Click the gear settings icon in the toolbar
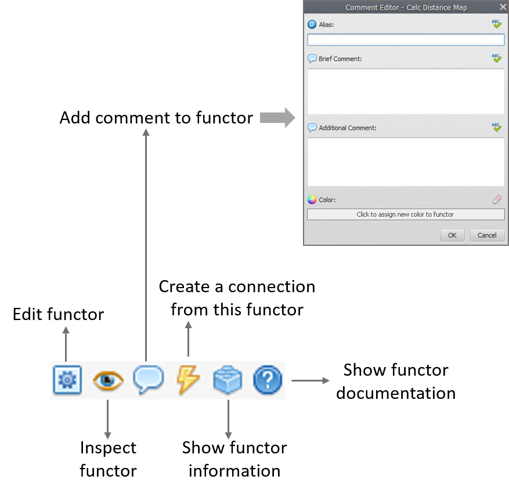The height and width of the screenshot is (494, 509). pyautogui.click(x=67, y=380)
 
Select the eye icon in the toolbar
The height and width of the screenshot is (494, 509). pyautogui.click(x=108, y=380)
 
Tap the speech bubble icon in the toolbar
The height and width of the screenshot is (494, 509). pyautogui.click(x=148, y=380)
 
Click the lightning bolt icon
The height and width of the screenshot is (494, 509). pyautogui.click(x=188, y=380)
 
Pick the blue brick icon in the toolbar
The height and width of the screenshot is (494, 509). pyautogui.click(x=228, y=380)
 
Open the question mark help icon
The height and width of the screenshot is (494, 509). pyautogui.click(x=268, y=380)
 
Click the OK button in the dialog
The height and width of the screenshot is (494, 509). pyautogui.click(x=452, y=235)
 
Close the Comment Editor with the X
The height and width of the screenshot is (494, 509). pyautogui.click(x=503, y=7)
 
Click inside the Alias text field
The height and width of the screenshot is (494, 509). pyautogui.click(x=406, y=40)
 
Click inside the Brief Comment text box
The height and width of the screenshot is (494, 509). pyautogui.click(x=406, y=92)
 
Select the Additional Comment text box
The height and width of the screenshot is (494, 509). pyautogui.click(x=406, y=162)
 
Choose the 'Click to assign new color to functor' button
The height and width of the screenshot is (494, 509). pyautogui.click(x=406, y=215)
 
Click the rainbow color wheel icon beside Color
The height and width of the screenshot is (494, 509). pyautogui.click(x=312, y=199)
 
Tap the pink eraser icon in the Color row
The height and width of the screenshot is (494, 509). pyautogui.click(x=497, y=199)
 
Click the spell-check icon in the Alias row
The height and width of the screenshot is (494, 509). pyautogui.click(x=497, y=24)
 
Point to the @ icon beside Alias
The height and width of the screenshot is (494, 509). pyautogui.click(x=312, y=24)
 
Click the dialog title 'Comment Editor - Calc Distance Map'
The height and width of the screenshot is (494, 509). pyautogui.click(x=406, y=8)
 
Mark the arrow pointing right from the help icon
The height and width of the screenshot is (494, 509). pyautogui.click(x=311, y=381)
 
